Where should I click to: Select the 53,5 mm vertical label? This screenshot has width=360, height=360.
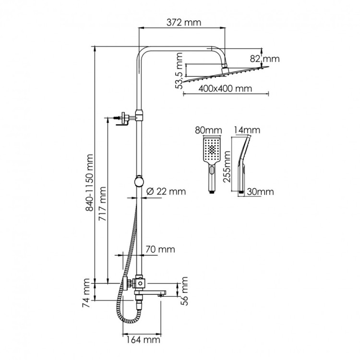pos(180,72)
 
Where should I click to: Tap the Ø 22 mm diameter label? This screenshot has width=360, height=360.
pos(164,192)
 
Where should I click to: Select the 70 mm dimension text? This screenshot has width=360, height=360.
pos(160,249)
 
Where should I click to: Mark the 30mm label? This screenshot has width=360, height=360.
pos(260,192)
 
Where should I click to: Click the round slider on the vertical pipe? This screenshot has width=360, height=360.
pos(139,181)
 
